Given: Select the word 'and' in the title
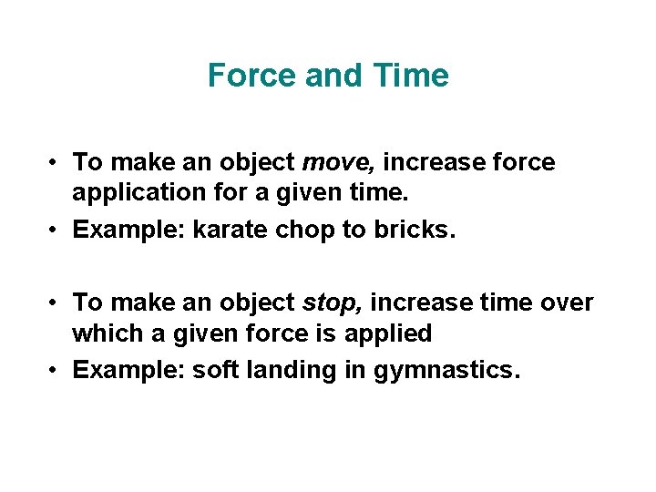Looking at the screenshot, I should [334, 76].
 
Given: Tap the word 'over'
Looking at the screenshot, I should [566, 302].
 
